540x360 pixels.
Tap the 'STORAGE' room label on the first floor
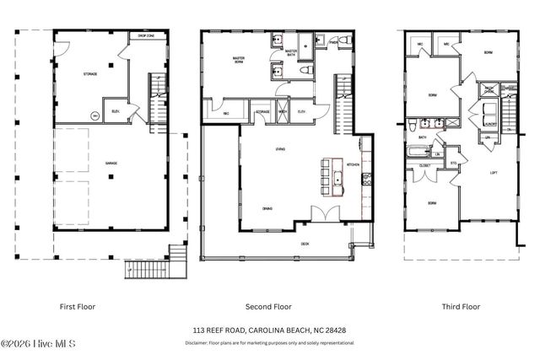coord(89,74)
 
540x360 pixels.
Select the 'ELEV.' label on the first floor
coord(116,110)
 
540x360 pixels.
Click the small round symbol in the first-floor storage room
coord(94,116)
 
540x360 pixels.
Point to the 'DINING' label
coord(267,208)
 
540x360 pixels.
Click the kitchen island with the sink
coord(335,180)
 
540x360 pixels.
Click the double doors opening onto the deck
coord(319,215)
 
